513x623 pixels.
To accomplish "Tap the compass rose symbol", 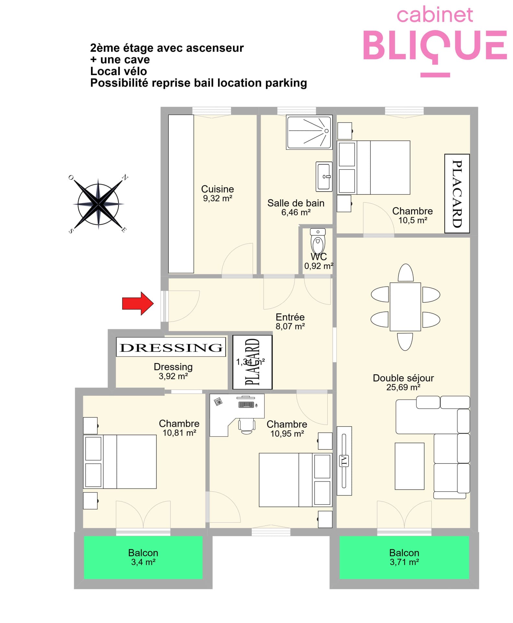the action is [98, 204].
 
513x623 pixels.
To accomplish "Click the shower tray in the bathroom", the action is [309, 132].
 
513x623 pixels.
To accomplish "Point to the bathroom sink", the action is [324, 176].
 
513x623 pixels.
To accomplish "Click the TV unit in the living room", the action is [344, 461].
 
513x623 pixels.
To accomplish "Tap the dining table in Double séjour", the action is [405, 307].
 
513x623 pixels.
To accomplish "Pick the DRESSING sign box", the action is [171, 347].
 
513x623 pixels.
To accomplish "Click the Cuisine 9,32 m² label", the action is [218, 193].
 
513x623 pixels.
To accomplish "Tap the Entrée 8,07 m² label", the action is [290, 321].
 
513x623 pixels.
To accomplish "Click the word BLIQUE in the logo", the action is [435, 46].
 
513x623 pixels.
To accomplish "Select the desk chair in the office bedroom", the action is [247, 425].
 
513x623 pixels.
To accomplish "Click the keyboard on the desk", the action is [246, 404].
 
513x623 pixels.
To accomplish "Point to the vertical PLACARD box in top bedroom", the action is [457, 193].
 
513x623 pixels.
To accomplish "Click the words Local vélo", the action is [119, 71].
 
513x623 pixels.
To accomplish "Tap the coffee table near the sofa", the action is [409, 466].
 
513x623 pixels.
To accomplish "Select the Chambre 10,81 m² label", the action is [179, 428].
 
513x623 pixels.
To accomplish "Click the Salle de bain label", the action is [296, 203].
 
